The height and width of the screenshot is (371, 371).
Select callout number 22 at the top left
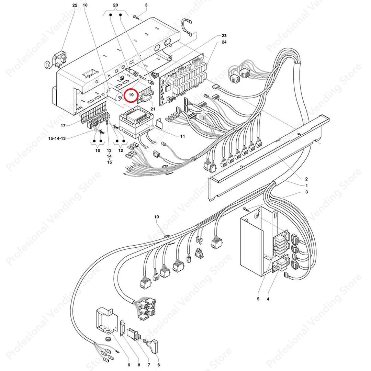coord(75,5)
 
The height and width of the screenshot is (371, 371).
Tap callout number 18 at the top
coord(85,5)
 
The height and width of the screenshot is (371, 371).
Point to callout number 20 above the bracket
coord(115,5)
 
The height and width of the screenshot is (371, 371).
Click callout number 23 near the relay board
coord(224,36)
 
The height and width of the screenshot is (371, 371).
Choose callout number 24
coord(224,42)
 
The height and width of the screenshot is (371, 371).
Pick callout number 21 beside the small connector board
coord(153,109)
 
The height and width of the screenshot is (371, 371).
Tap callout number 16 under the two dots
coord(98,150)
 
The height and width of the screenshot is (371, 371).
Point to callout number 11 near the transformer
coord(182,136)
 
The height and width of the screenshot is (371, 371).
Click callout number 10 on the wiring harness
coord(157,217)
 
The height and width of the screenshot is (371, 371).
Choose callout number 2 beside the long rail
coord(306,179)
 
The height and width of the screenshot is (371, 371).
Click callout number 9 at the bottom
coord(129,365)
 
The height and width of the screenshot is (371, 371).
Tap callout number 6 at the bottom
coord(159,365)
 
